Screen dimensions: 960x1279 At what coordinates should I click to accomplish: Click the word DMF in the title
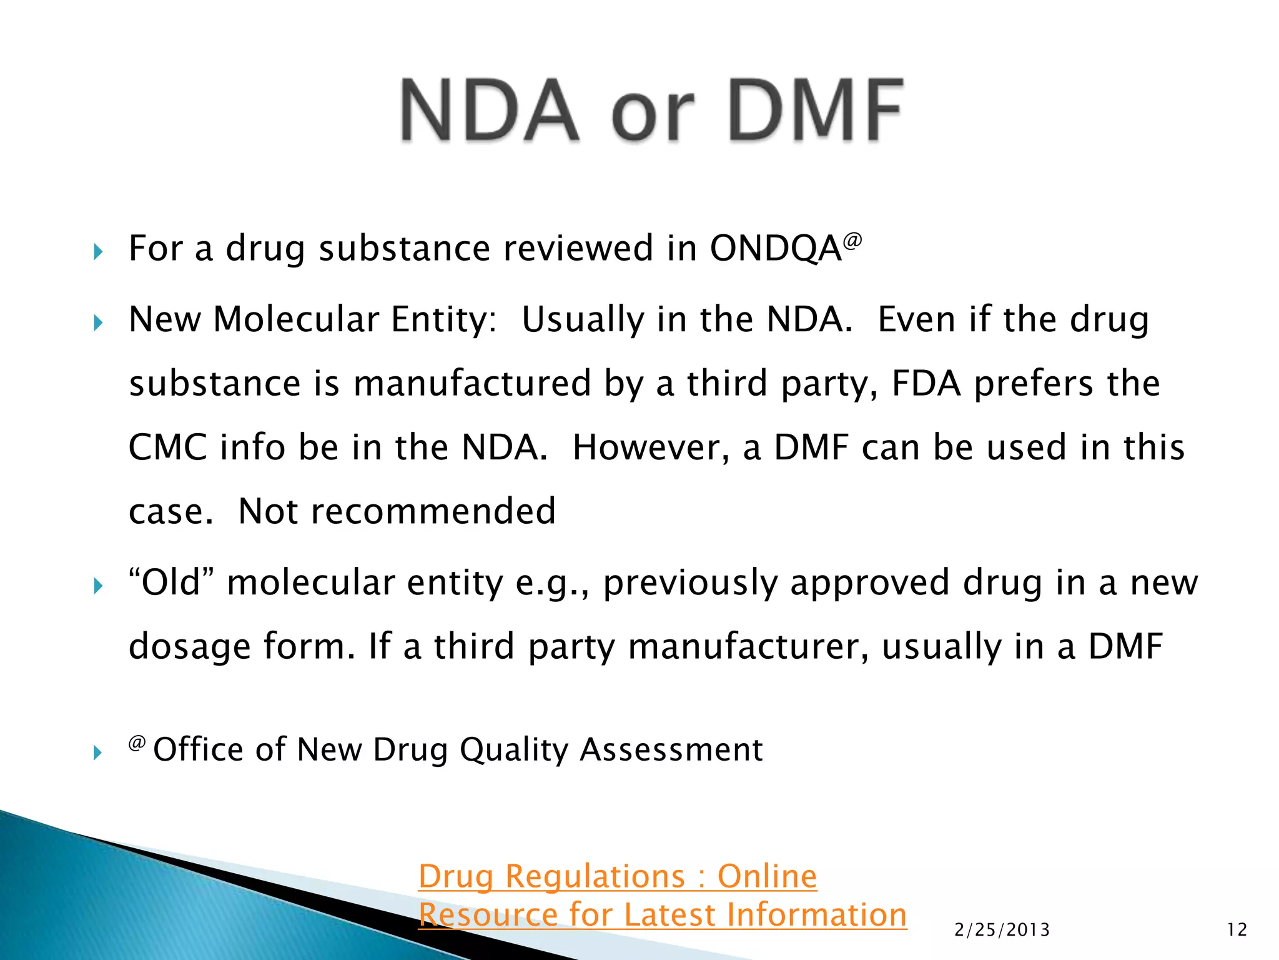(x=816, y=111)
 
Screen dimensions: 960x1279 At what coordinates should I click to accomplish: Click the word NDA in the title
(x=490, y=111)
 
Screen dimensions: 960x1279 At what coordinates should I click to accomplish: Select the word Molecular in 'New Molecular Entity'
(x=296, y=319)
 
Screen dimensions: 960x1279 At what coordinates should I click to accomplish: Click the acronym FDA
(x=926, y=383)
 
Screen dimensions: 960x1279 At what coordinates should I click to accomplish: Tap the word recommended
(x=433, y=511)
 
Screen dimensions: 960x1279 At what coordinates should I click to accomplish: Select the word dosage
(x=189, y=647)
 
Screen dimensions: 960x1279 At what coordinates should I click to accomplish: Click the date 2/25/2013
(x=1002, y=930)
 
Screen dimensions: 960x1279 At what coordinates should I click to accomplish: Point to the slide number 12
(x=1237, y=930)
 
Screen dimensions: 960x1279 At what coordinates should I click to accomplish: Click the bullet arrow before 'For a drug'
(x=97, y=252)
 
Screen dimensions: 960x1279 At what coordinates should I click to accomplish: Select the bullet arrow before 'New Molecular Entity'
(x=97, y=323)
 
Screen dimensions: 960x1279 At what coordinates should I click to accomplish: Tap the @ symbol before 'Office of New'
(x=137, y=743)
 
